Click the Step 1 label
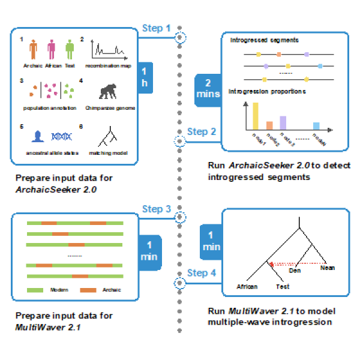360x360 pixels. tap(156, 28)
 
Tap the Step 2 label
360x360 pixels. tap(197, 131)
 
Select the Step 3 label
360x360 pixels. tap(156, 209)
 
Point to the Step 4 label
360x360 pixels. tap(197, 273)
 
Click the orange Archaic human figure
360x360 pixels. tap(34, 49)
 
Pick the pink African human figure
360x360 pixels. tap(52, 49)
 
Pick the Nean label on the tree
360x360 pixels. tap(328, 268)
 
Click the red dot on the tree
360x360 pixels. tap(271, 264)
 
